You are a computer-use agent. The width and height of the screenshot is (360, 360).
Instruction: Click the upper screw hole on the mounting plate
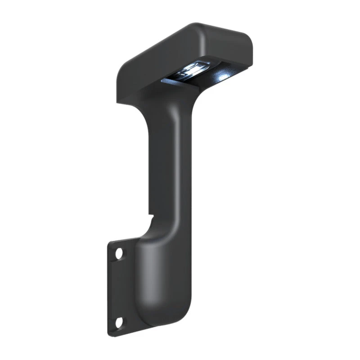(x=119, y=253)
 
